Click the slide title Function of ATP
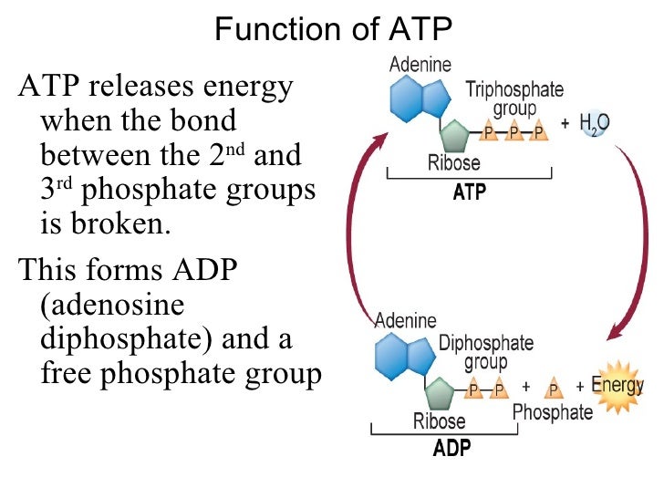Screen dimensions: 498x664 point(333,29)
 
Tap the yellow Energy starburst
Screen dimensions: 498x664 point(617,388)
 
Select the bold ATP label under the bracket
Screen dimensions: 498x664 point(470,192)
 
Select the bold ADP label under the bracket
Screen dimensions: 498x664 point(453,449)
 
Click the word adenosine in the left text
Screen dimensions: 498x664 point(113,305)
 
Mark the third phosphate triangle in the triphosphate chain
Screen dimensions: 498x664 point(538,133)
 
